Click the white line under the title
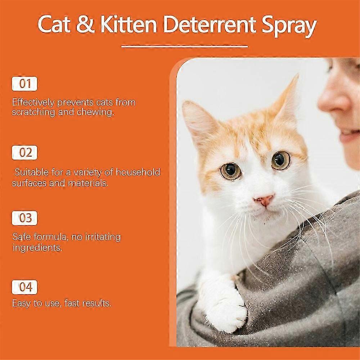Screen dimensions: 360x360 184,46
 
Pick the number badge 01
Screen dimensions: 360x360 24,84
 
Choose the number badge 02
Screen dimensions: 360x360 24,152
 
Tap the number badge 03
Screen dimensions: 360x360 24,218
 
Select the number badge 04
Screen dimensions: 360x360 24,287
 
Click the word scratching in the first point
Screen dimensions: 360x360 33,112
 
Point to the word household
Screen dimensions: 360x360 138,172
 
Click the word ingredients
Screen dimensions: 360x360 37,248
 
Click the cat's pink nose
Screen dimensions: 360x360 265,200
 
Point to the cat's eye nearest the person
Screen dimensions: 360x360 281,160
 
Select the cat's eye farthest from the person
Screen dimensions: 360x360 231,171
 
